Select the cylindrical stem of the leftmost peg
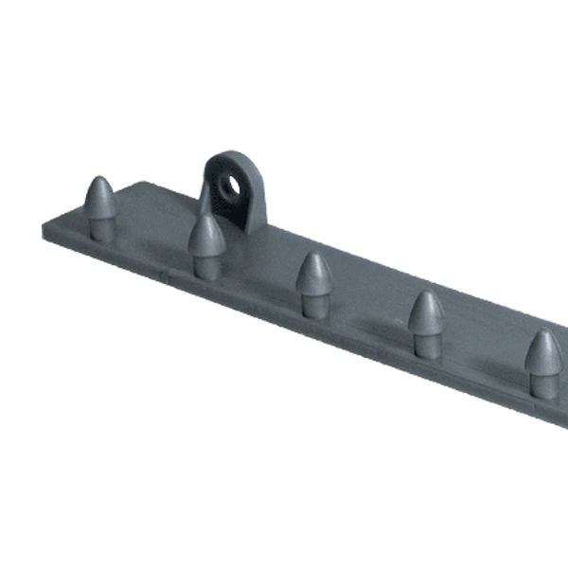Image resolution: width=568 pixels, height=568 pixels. (x=101, y=228)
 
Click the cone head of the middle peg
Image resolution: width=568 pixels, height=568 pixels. (x=312, y=273)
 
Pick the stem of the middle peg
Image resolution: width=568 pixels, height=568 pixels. (x=313, y=304)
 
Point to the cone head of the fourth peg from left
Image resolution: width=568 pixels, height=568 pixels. (x=426, y=312)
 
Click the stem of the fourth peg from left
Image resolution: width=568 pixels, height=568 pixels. (x=426, y=345)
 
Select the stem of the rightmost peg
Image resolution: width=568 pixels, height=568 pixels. (x=543, y=384)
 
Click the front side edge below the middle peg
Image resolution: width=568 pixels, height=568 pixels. (x=312, y=327)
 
